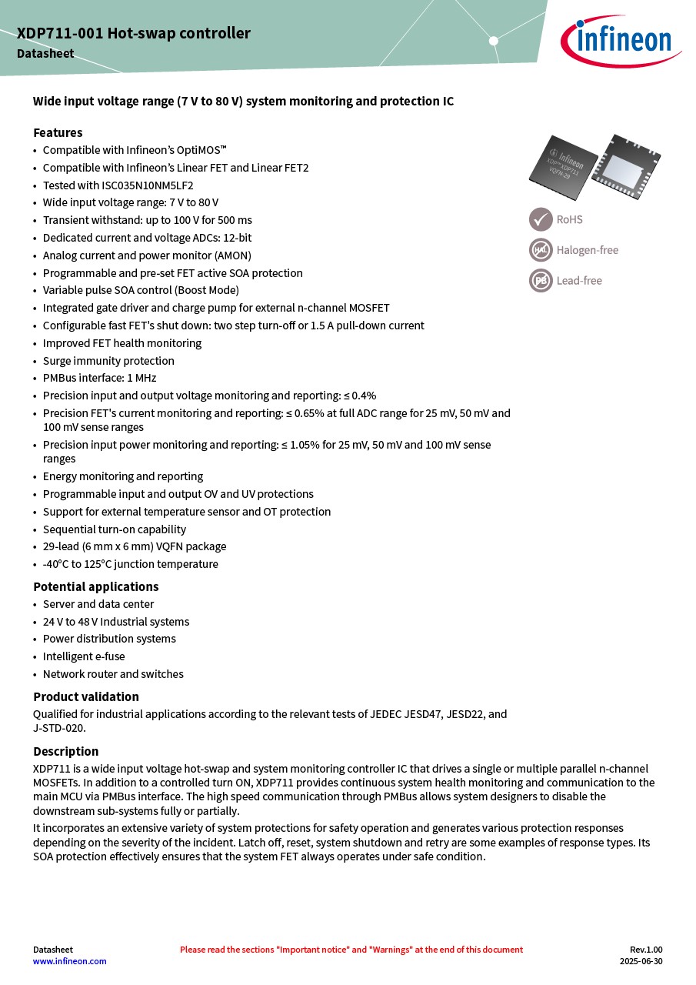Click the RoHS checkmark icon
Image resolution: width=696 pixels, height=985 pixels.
pos(541,219)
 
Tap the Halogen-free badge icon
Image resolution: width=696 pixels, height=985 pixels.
pos(541,250)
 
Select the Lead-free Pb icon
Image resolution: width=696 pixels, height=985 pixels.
pos(541,280)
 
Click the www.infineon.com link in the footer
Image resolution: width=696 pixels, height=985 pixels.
pos(70,961)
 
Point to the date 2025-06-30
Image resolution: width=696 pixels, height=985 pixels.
pos(641,961)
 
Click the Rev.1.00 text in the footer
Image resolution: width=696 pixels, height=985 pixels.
pos(646,950)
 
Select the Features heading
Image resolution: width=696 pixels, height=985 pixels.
pos(58,132)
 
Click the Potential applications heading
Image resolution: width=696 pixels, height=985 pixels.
pos(96,586)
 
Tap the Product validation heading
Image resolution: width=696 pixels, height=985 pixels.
pos(86,696)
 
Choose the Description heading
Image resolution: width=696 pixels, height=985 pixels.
pos(66,751)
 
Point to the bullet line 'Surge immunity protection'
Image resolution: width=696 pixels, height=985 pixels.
pos(108,361)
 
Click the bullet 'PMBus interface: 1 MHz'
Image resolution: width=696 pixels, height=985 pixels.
pos(100,378)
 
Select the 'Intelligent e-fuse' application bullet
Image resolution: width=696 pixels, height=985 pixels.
pos(84,656)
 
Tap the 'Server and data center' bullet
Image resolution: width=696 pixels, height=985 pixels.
pos(98,604)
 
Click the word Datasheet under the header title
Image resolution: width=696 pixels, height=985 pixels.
pos(46,54)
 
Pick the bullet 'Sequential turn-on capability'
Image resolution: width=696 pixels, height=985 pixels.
pos(115,529)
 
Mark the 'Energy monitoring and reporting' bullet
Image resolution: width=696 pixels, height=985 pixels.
pos(123,476)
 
